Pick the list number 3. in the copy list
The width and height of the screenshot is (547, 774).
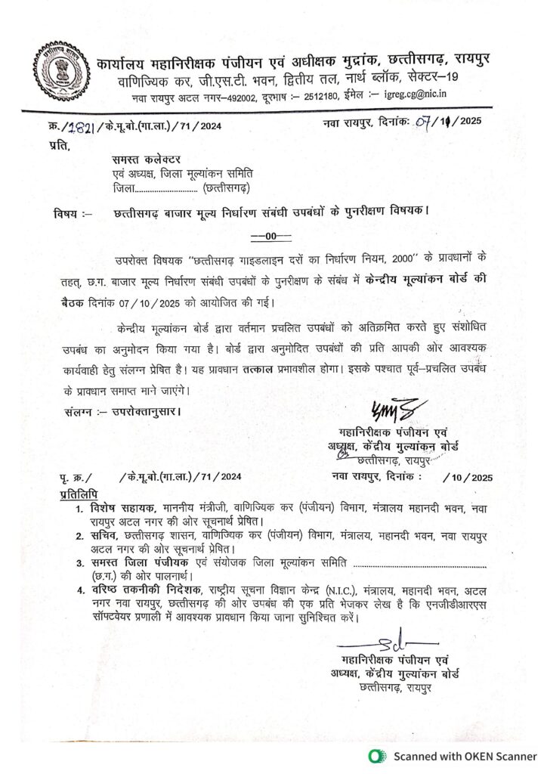80,563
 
